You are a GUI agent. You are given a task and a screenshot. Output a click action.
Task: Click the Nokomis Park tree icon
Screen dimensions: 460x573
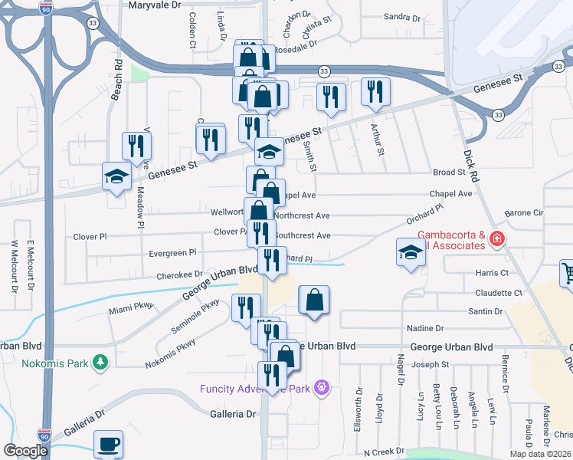pos(99,362)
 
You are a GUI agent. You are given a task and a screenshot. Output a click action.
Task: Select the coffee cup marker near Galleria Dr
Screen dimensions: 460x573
pos(108,444)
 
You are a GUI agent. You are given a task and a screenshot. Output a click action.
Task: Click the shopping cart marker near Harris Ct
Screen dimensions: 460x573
pos(568,273)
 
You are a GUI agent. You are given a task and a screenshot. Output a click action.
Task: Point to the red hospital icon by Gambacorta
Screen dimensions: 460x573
pos(498,240)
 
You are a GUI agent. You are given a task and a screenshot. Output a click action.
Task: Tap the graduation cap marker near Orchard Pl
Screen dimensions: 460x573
pos(411,251)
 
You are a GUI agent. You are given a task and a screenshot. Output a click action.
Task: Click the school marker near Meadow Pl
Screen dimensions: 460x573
pos(116,176)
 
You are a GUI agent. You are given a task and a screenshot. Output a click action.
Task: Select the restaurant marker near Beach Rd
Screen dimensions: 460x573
pos(136,144)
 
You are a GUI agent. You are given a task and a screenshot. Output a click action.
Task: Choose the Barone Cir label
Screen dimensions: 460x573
pos(523,212)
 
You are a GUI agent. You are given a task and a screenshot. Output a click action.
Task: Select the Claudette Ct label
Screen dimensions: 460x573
pos(498,293)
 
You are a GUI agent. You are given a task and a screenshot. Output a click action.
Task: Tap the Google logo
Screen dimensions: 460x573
pos(25,450)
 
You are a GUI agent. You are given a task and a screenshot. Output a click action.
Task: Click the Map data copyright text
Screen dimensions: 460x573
pos(540,454)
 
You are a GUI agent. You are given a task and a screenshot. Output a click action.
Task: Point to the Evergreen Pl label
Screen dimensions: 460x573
pos(174,252)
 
